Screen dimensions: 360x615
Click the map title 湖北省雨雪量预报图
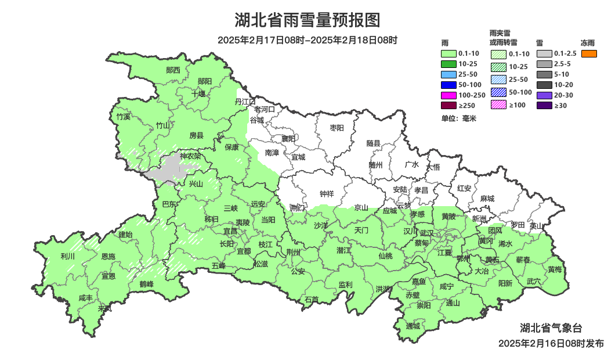[307, 20]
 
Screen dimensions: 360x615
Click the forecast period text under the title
[307, 40]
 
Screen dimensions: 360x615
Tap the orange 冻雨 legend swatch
[589, 54]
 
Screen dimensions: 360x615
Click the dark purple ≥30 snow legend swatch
[544, 105]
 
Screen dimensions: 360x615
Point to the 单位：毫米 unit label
[458, 118]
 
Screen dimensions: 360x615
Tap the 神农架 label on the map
[190, 156]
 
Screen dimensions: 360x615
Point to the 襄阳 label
[288, 138]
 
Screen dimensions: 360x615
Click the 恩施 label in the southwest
[108, 256]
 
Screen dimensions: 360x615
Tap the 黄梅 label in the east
[555, 269]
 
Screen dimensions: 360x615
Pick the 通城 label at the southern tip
[413, 326]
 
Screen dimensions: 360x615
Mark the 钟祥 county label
[327, 194]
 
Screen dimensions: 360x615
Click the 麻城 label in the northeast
[487, 199]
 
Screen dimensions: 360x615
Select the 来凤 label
[104, 308]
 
